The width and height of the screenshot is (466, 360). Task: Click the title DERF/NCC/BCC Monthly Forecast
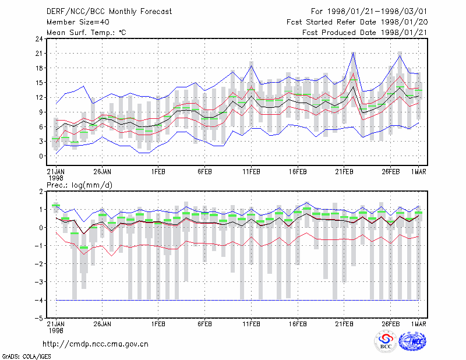(x=109, y=12)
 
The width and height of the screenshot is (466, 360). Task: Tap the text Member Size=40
(x=78, y=22)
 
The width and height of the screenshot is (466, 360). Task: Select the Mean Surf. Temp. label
(x=86, y=33)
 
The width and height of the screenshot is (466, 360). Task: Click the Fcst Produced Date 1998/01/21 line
(x=365, y=33)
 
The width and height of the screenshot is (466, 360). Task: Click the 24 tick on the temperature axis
(x=39, y=38)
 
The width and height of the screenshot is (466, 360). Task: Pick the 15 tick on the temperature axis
(x=39, y=83)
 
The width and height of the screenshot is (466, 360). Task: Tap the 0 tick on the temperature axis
(x=41, y=156)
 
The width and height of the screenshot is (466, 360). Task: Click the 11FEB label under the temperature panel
(x=252, y=172)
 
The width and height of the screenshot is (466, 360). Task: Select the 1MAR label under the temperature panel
(x=419, y=172)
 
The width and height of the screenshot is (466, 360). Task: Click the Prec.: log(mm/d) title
(x=79, y=185)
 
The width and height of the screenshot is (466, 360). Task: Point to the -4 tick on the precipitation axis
(x=38, y=300)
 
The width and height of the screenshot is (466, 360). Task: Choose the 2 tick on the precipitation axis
(x=41, y=192)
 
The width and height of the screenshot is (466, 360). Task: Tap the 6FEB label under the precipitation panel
(x=205, y=324)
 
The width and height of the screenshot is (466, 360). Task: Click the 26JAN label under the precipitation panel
(x=103, y=324)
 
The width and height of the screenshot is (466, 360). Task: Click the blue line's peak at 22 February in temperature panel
(x=354, y=52)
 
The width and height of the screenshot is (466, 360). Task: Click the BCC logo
(x=386, y=341)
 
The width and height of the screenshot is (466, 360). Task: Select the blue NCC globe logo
(x=412, y=341)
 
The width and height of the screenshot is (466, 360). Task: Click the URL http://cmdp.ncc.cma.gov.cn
(x=96, y=344)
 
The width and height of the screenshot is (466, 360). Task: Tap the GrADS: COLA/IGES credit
(x=26, y=357)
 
